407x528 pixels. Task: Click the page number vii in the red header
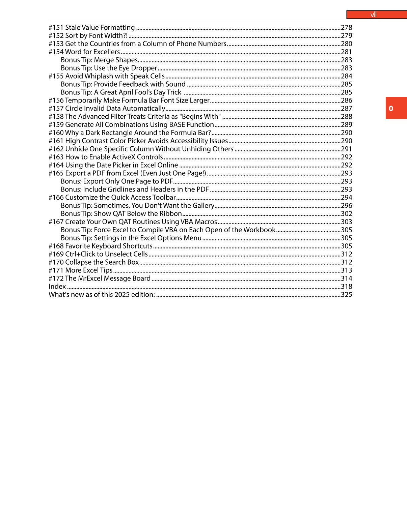coord(373,15)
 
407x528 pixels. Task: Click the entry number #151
coord(56,28)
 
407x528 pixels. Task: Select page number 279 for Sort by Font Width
coord(347,36)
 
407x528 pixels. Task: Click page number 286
coord(347,100)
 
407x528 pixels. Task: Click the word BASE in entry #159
coord(177,125)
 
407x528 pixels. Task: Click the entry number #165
coord(56,173)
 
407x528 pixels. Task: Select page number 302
coord(347,214)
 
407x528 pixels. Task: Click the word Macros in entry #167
coord(206,222)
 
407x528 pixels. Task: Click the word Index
coord(57,287)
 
